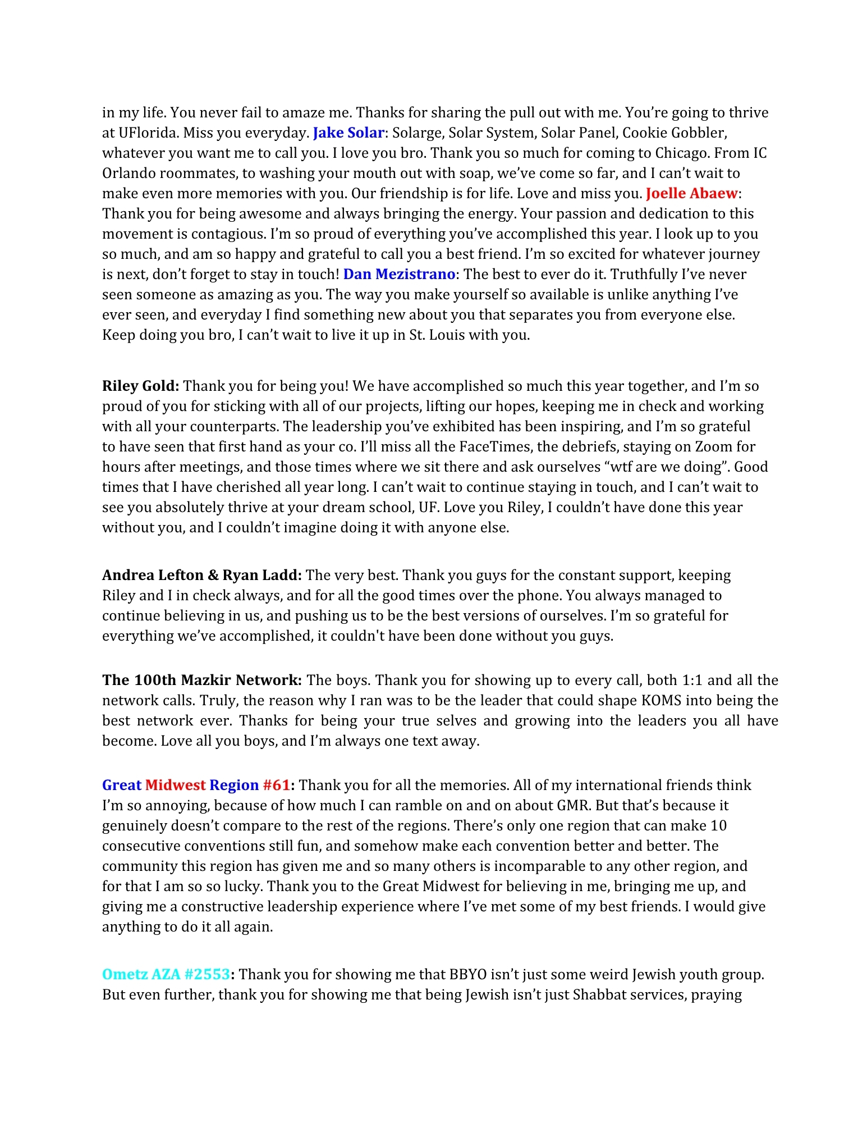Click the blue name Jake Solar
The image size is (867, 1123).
[x=348, y=133]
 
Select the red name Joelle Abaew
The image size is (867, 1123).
[x=691, y=194]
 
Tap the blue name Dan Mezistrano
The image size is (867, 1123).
[x=399, y=275]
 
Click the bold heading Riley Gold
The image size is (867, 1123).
[x=140, y=386]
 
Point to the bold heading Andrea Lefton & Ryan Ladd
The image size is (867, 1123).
[x=202, y=576]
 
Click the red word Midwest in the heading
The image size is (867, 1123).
[x=175, y=786]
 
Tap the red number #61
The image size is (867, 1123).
[x=276, y=786]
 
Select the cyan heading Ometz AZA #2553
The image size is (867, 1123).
[x=166, y=975]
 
